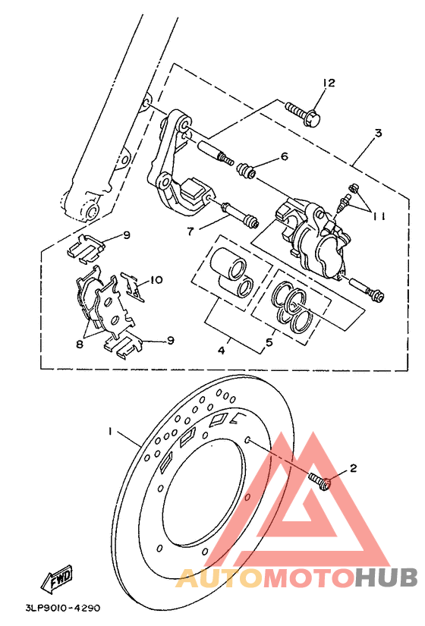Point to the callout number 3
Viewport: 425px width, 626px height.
tap(377, 134)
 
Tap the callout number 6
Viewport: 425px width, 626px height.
tap(285, 157)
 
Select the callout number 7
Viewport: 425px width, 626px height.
tap(190, 230)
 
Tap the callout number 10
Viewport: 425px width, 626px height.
tap(156, 280)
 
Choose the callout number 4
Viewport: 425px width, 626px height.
tap(222, 351)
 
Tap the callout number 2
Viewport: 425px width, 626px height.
tap(352, 469)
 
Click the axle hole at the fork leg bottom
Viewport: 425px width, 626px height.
tap(90, 209)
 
